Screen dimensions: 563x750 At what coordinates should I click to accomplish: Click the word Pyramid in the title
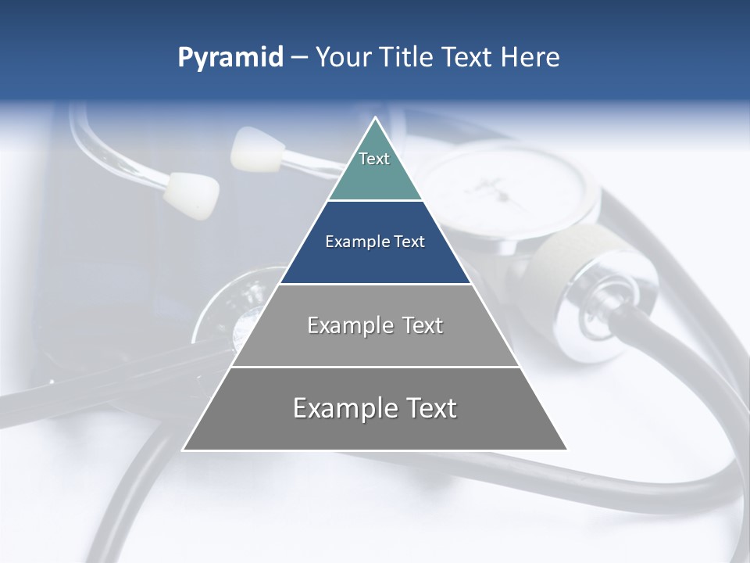[x=230, y=58]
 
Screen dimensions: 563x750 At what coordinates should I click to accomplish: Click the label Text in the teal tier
[x=374, y=159]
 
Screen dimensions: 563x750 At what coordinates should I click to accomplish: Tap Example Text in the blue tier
[x=375, y=242]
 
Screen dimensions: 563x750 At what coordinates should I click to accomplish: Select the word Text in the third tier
[x=417, y=325]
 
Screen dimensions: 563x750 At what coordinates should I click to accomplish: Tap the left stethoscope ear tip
[x=191, y=194]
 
